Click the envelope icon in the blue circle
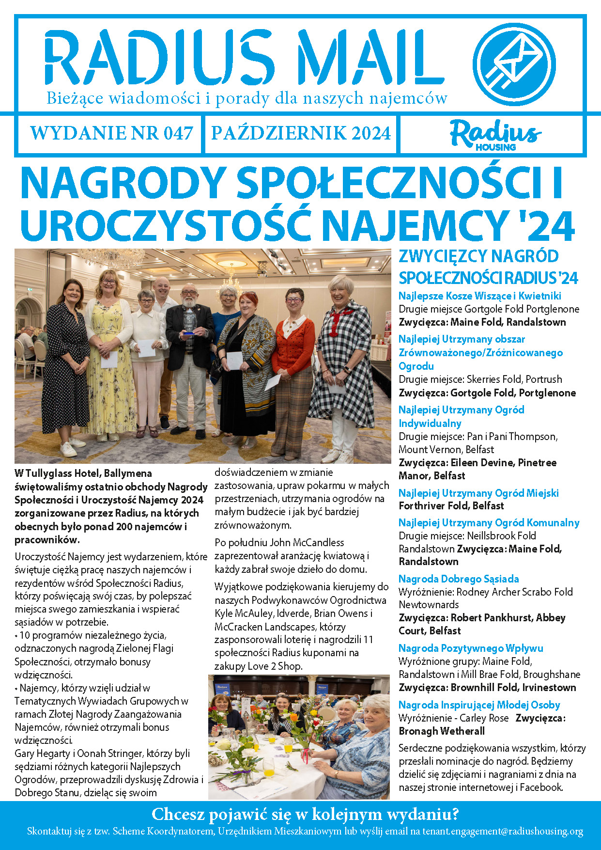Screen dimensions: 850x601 pyautogui.click(x=514, y=63)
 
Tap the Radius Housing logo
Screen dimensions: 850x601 pyautogui.click(x=495, y=134)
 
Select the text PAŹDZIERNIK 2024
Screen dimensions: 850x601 pyautogui.click(x=301, y=133)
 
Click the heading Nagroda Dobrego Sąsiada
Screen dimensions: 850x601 pyautogui.click(x=458, y=579)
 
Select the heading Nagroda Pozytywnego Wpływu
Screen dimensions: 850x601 pyautogui.click(x=470, y=648)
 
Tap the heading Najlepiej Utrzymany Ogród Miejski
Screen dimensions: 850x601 pyautogui.click(x=478, y=493)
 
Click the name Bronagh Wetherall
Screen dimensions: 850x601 pyautogui.click(x=441, y=731)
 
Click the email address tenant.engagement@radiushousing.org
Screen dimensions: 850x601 pyautogui.click(x=502, y=831)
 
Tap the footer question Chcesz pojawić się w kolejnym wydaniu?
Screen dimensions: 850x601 pyautogui.click(x=305, y=814)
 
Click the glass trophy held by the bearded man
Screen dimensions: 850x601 pyautogui.click(x=190, y=320)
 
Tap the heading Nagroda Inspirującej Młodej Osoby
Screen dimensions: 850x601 pyautogui.click(x=479, y=705)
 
